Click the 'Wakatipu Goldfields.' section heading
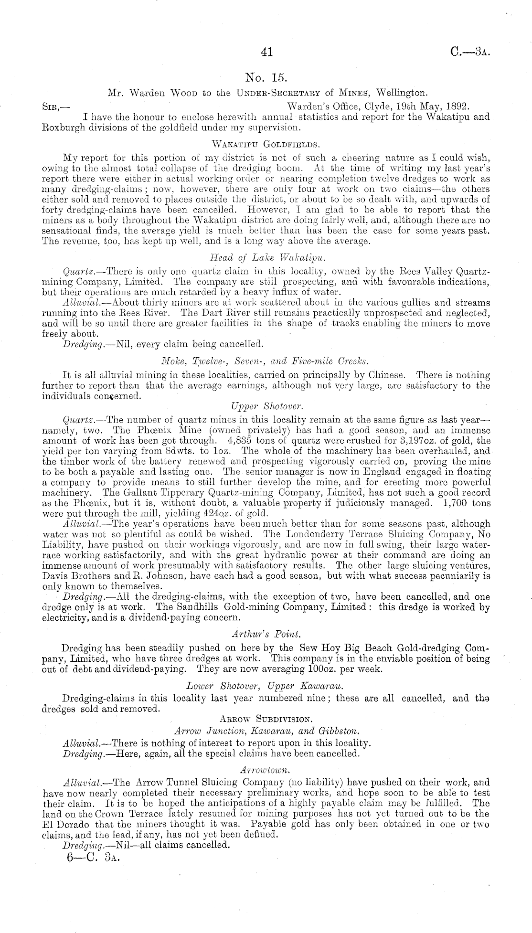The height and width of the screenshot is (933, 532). tap(266, 142)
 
